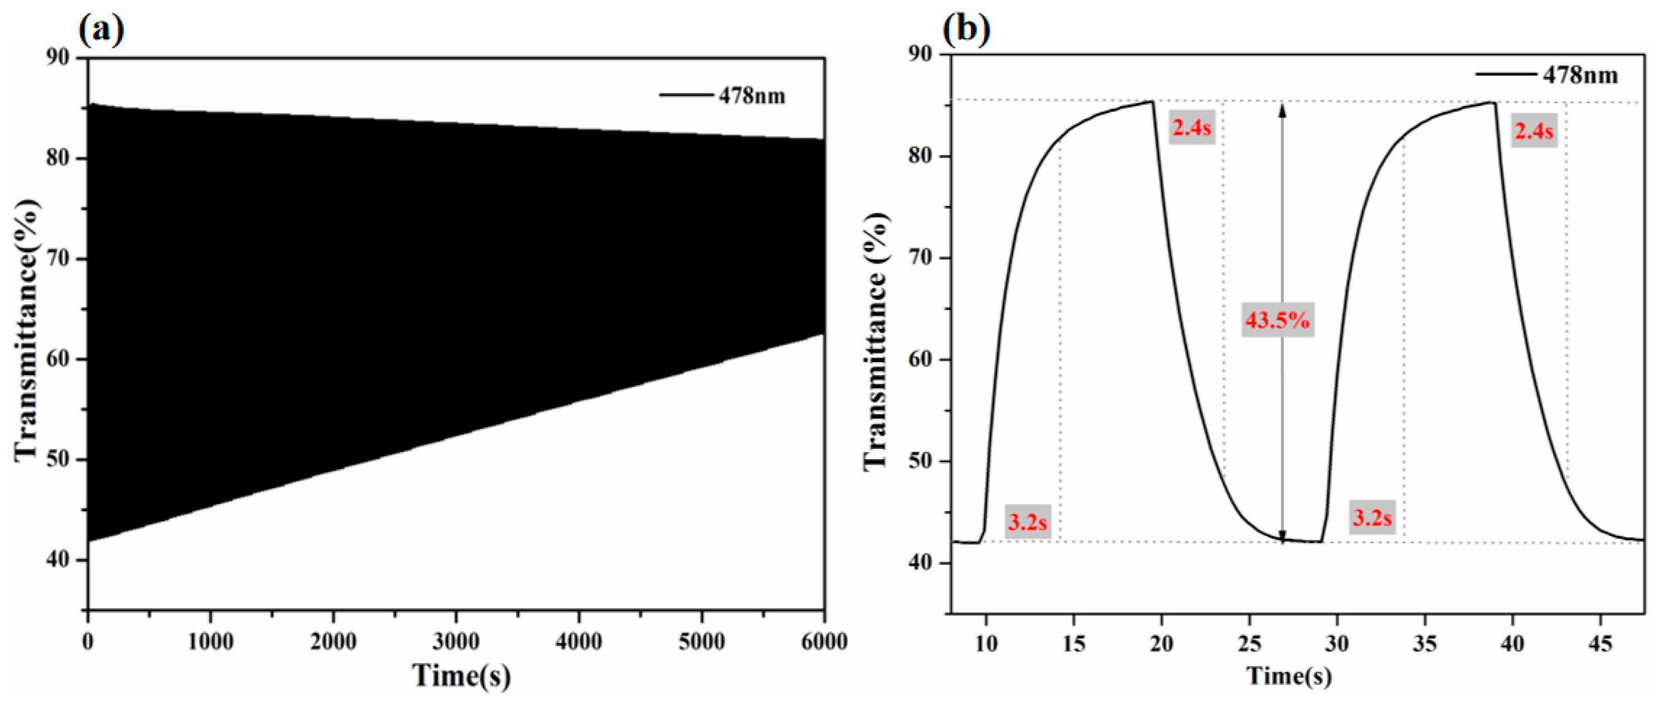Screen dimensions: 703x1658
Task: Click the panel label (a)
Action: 101,30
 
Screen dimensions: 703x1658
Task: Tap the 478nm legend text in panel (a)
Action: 752,96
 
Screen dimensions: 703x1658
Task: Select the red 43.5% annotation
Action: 1277,320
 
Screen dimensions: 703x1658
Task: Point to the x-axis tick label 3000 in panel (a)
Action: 456,642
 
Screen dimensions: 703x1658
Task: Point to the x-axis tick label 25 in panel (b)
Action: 1249,643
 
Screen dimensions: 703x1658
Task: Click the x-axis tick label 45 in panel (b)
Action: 1601,643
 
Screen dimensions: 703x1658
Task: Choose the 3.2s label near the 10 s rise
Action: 1027,521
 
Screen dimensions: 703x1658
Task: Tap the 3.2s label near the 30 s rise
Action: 1371,517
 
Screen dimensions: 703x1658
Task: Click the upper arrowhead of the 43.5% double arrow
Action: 1282,109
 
